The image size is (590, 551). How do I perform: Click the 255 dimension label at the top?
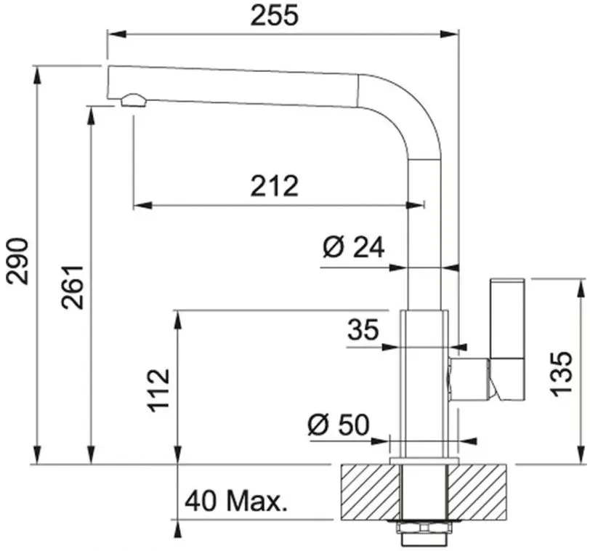click(x=275, y=15)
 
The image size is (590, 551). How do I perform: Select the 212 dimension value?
click(x=275, y=187)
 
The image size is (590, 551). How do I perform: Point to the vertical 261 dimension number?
click(x=73, y=286)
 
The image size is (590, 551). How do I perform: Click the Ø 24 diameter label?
click(x=352, y=249)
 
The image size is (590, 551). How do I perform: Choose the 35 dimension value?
click(x=363, y=330)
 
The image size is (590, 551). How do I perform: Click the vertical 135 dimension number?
click(x=562, y=374)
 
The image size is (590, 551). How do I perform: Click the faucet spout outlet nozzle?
click(x=133, y=100)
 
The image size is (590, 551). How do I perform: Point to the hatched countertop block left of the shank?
click(x=370, y=492)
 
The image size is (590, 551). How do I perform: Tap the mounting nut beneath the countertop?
click(x=424, y=529)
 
